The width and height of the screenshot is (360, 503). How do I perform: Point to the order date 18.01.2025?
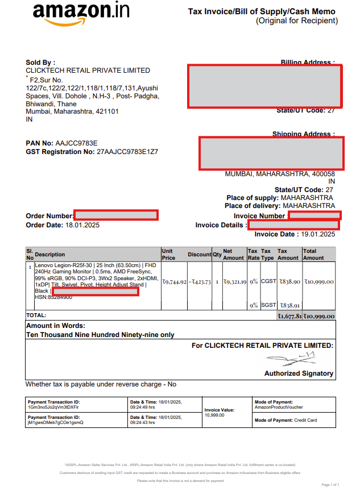pos(83,225)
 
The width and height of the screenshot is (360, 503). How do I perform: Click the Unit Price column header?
pos(168,254)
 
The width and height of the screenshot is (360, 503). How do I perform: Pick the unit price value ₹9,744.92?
pos(174,281)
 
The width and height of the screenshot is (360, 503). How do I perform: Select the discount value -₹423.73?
pos(200,281)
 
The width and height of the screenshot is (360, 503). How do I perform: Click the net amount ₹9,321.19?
pos(234,281)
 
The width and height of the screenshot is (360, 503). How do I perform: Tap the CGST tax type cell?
pos(268,281)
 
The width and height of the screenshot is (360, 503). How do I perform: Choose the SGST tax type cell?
pos(268,305)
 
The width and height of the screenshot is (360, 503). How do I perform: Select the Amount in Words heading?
pos(56,326)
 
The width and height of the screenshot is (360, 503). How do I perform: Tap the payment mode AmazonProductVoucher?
pos(279,408)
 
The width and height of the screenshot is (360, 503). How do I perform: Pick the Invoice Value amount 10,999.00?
pos(214,415)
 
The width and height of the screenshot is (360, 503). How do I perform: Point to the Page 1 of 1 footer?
pos(330,485)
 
